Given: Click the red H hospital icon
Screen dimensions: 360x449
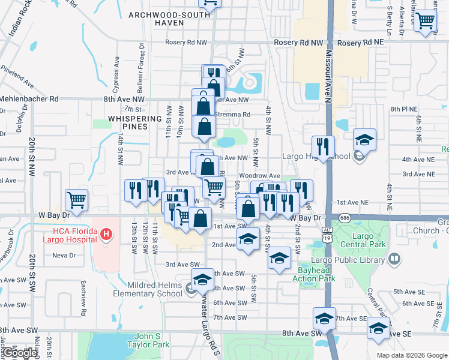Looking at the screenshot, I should tap(106, 233).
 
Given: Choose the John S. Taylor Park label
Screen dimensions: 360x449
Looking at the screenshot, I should tap(148, 340).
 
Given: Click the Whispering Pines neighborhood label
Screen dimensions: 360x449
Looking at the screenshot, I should tap(127, 123).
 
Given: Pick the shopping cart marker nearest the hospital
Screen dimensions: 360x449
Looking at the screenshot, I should tap(76, 199).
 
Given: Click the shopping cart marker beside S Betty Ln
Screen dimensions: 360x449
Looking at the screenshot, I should tap(425, 21).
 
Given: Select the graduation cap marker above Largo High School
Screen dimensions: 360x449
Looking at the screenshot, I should tap(364, 140).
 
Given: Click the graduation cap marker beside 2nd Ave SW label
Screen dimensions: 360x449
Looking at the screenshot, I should tap(247, 239).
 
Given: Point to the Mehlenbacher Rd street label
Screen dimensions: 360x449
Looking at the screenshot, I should tap(30, 98).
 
